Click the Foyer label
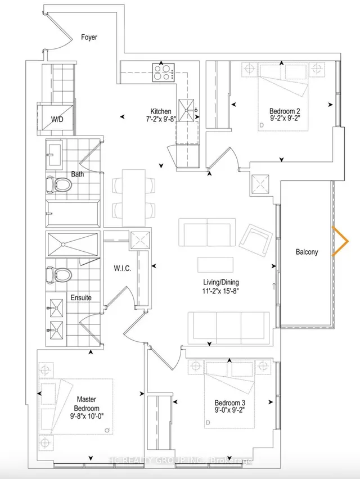89,37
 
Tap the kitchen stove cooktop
164,72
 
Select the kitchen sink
186,110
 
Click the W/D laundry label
57,119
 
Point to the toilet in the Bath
58,184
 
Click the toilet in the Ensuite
58,274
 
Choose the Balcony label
307,252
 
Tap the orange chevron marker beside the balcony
340,241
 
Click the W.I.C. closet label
123,269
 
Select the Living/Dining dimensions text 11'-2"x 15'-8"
220,291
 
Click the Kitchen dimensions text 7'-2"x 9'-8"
161,119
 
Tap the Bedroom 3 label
230,403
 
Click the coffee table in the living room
215,265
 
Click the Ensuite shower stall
73,245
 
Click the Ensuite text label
81,297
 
